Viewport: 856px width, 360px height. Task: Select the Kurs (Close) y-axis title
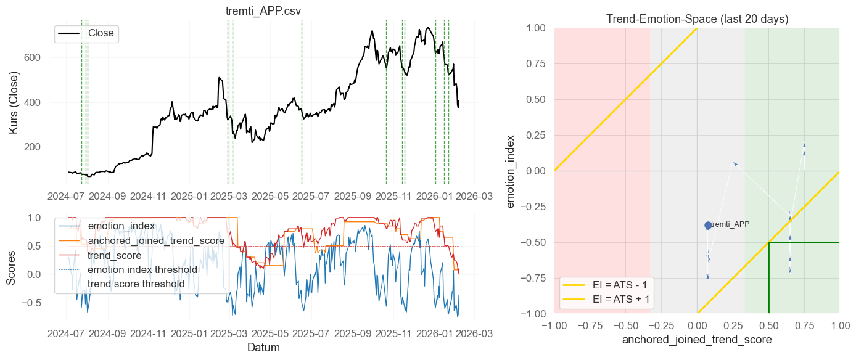(x=14, y=102)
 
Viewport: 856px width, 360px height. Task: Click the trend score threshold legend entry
(x=136, y=284)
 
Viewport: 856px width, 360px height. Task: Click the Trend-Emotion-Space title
(x=697, y=19)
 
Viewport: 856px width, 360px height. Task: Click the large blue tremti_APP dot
(x=708, y=226)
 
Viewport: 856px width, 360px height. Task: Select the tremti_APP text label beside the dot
(x=730, y=225)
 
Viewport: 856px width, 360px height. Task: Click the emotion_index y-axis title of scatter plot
(x=512, y=171)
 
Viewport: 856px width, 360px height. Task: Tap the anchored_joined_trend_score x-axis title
(x=697, y=340)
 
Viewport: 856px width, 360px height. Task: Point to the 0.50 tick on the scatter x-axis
(x=768, y=324)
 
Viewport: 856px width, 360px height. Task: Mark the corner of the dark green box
(x=768, y=242)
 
